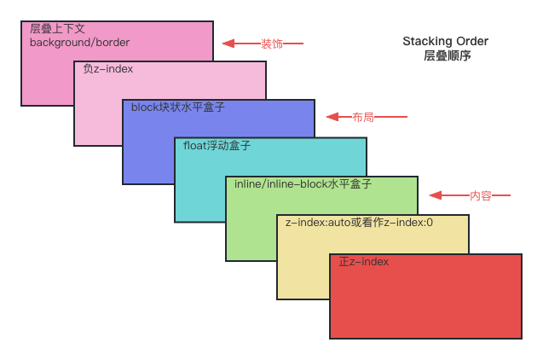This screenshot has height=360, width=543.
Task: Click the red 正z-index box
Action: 425,303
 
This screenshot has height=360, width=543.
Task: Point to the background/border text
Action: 79,42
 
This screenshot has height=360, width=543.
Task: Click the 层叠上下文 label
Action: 57,29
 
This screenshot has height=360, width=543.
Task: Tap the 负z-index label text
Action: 108,68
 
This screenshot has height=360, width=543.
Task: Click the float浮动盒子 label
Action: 217,145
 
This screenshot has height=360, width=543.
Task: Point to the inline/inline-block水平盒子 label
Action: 303,183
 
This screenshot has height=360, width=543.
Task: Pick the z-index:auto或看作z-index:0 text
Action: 359,223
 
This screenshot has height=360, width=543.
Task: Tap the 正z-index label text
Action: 364,261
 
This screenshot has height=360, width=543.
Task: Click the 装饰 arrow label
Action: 272,44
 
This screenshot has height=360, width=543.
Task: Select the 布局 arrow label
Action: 362,117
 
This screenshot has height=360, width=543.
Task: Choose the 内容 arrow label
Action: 481,195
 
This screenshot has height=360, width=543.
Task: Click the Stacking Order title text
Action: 447,41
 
